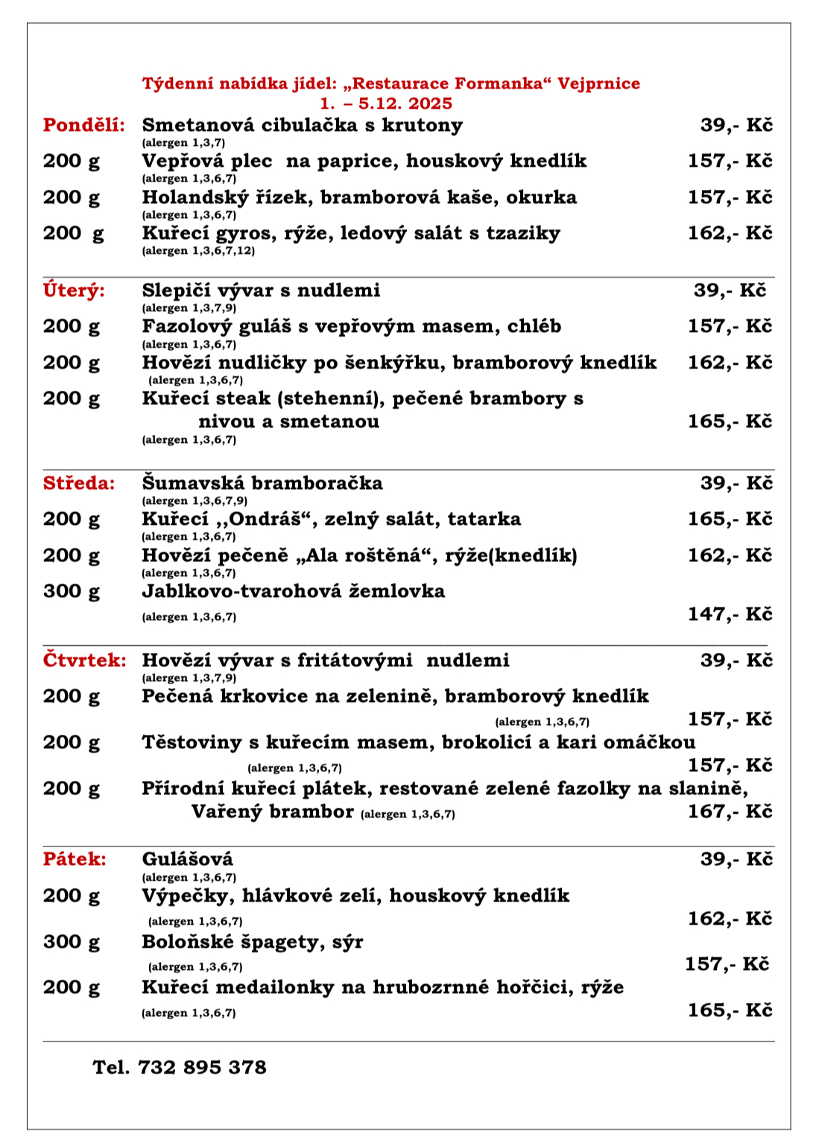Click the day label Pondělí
(83, 125)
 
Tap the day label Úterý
(74, 290)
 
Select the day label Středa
(79, 483)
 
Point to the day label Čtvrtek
(84, 660)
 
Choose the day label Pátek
(75, 859)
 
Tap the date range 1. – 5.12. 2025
(386, 103)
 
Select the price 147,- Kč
(730, 614)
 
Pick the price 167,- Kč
(730, 811)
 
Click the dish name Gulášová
(187, 859)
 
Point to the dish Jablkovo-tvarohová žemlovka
(293, 591)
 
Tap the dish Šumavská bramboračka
(262, 483)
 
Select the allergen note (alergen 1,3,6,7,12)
(198, 251)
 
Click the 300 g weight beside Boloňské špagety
(71, 942)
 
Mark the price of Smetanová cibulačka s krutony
(736, 125)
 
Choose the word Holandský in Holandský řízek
(190, 197)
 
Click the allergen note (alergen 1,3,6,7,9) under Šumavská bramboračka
(194, 501)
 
